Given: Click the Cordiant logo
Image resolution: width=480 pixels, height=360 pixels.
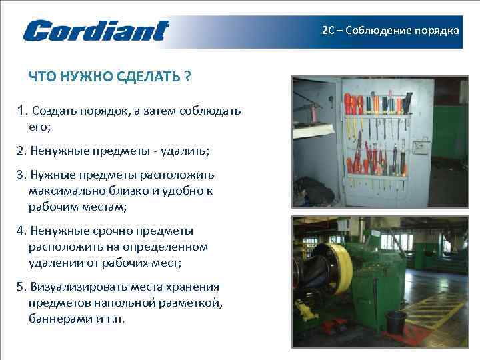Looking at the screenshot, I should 96,31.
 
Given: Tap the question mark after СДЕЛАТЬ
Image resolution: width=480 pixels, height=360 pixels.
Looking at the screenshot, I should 187,77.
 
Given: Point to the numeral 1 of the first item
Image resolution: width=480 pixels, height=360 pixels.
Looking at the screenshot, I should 22,110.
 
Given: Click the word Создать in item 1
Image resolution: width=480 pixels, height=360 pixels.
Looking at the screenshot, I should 52,111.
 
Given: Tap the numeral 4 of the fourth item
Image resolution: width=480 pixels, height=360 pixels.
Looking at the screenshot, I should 21,231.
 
